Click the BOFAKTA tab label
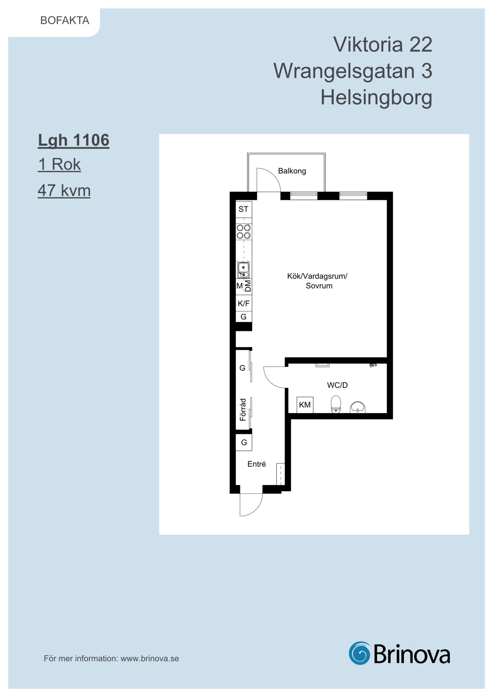(x=65, y=20)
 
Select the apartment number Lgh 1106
(x=74, y=141)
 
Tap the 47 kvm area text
(x=64, y=190)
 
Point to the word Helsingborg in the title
(x=376, y=98)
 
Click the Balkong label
(x=292, y=171)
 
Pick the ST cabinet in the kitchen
(x=244, y=209)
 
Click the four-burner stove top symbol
(x=244, y=232)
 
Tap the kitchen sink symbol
(x=243, y=270)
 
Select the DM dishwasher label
(x=248, y=286)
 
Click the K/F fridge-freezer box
(x=244, y=304)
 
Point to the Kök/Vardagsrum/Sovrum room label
(x=317, y=281)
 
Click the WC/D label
(x=337, y=385)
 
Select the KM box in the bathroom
(x=305, y=405)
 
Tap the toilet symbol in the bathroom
(x=336, y=404)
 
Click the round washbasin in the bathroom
(x=358, y=407)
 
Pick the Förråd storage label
(x=243, y=410)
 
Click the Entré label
(x=256, y=464)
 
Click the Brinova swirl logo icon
(x=360, y=653)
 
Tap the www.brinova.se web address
(x=150, y=658)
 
